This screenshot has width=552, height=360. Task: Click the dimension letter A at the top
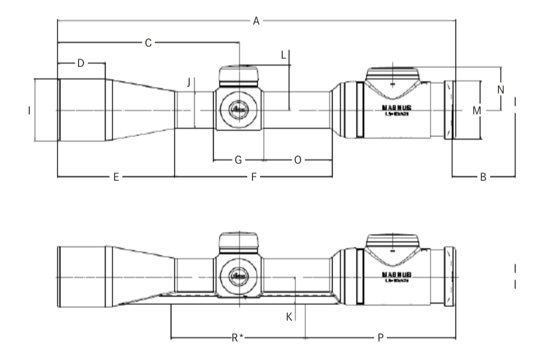tap(256, 21)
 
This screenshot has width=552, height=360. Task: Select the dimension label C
tap(148, 43)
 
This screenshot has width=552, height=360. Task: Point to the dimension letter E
tap(116, 178)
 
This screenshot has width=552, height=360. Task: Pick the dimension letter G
tap(238, 160)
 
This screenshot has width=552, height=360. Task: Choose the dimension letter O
tap(298, 160)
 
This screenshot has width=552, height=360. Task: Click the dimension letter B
tap(482, 178)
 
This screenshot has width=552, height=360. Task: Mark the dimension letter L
tap(283, 56)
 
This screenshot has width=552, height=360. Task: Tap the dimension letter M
tap(477, 111)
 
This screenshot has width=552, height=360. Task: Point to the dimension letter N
tap(500, 89)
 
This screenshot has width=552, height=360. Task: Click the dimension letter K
tap(289, 316)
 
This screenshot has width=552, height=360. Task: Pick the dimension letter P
tap(380, 338)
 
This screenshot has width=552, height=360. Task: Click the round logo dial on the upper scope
tap(239, 109)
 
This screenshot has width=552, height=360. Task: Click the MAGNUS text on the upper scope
tap(397, 108)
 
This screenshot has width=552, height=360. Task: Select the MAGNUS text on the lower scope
tap(397, 275)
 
